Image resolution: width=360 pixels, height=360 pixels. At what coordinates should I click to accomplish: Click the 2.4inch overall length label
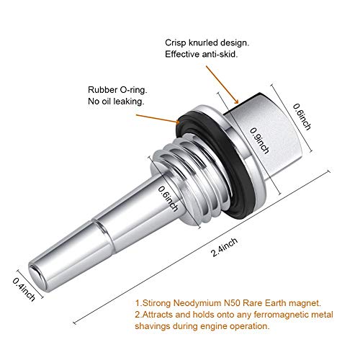coord(225,247)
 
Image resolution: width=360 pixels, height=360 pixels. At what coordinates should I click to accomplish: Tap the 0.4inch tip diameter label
coord(24,289)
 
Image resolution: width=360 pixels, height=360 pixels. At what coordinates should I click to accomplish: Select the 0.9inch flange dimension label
coord(259,140)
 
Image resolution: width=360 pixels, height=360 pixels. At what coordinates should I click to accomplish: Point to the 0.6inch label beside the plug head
coord(302,117)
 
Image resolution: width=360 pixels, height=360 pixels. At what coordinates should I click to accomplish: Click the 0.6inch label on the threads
coord(168,199)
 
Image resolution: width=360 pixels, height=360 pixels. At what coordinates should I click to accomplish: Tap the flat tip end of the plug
coord(37,276)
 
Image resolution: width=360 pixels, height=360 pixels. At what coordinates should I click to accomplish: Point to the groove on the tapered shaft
coord(102,225)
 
